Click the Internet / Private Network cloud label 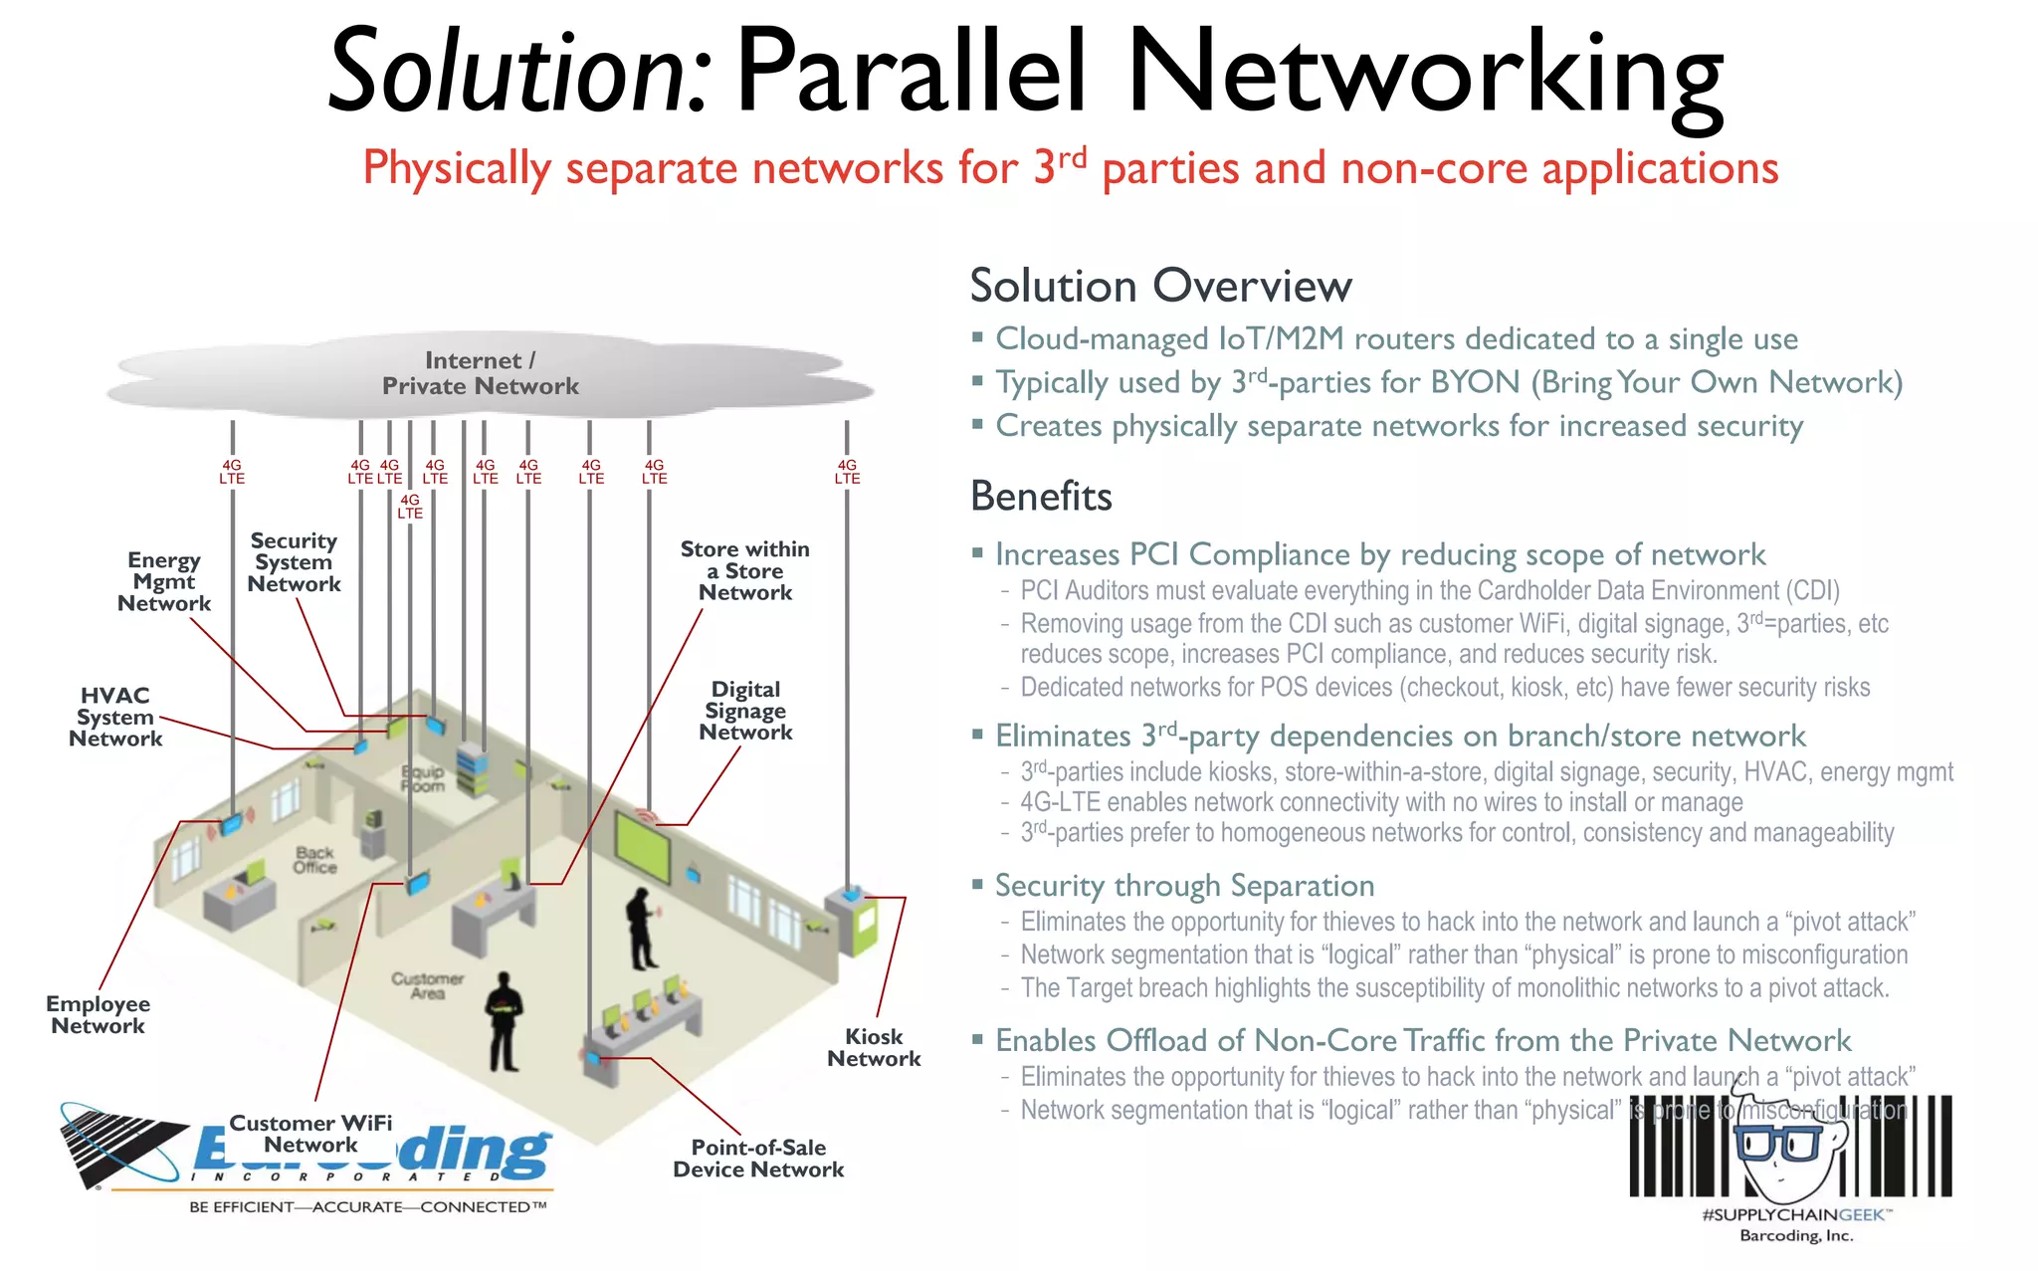click(x=480, y=373)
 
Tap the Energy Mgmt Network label click(x=164, y=582)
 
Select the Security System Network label click(x=294, y=562)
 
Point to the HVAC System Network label click(x=115, y=717)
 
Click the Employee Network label click(x=98, y=1015)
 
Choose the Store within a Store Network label click(x=745, y=571)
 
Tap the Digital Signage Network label click(x=745, y=711)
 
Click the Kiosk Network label click(x=874, y=1048)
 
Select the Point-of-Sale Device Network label click(x=758, y=1159)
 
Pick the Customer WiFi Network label click(x=310, y=1134)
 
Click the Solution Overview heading click(x=1160, y=287)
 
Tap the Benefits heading click(x=1041, y=497)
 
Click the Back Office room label click(x=314, y=860)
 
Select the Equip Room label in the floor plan click(x=423, y=778)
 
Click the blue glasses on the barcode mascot click(x=1777, y=1143)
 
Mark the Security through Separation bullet click(x=1184, y=886)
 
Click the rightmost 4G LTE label click(x=847, y=472)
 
